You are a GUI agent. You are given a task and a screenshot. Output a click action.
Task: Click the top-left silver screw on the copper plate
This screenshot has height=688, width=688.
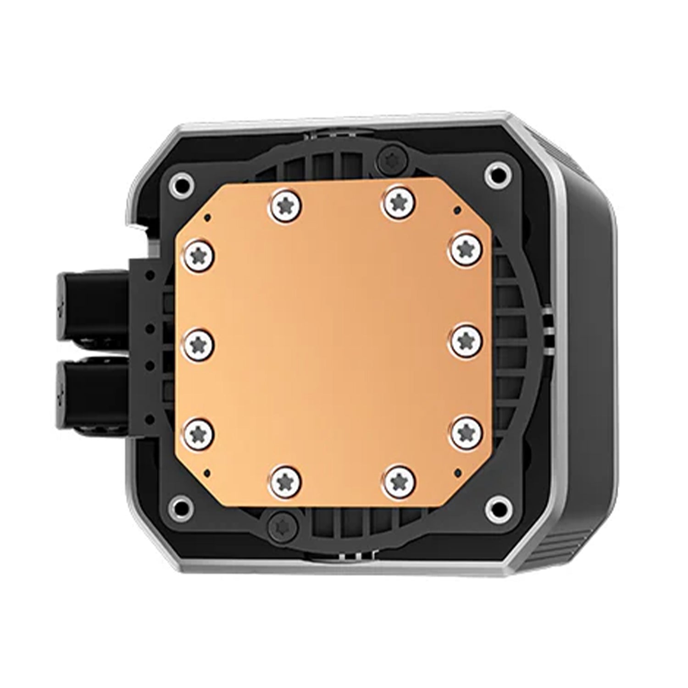click(285, 203)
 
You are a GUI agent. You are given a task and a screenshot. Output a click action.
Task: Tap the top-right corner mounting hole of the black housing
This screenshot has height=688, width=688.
click(496, 173)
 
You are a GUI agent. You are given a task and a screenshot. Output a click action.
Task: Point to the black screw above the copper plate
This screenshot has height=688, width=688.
click(393, 158)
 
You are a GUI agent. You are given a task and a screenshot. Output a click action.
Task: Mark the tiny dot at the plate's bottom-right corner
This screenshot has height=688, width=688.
click(455, 471)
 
